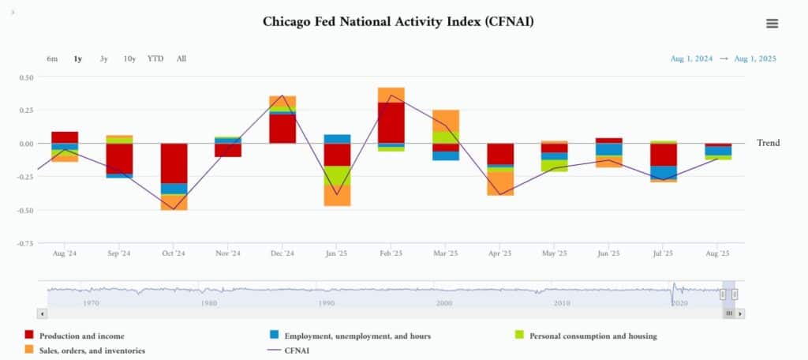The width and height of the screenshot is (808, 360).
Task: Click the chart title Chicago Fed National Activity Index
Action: (398, 21)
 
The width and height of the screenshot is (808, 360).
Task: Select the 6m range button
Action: (52, 58)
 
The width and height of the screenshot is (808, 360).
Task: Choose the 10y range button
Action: (129, 58)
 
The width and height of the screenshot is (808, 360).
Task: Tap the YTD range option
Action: (155, 58)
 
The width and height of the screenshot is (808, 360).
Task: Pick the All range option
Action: (181, 58)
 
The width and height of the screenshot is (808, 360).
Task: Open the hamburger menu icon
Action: (772, 24)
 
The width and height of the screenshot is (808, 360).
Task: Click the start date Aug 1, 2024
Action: (691, 58)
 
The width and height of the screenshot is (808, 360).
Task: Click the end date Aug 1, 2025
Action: (755, 58)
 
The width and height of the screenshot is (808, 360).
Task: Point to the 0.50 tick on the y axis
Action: (25, 77)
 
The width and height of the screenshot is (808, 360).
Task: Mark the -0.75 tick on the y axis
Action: (25, 243)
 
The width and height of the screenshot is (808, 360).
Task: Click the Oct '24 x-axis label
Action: (173, 253)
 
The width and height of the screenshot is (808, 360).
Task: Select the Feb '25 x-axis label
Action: (391, 253)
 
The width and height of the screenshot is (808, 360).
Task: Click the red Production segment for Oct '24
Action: (174, 163)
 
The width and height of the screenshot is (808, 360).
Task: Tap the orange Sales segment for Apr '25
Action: (500, 183)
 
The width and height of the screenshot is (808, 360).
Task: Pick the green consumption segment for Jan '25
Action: (337, 175)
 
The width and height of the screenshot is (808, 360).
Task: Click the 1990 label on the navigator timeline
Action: (326, 302)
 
